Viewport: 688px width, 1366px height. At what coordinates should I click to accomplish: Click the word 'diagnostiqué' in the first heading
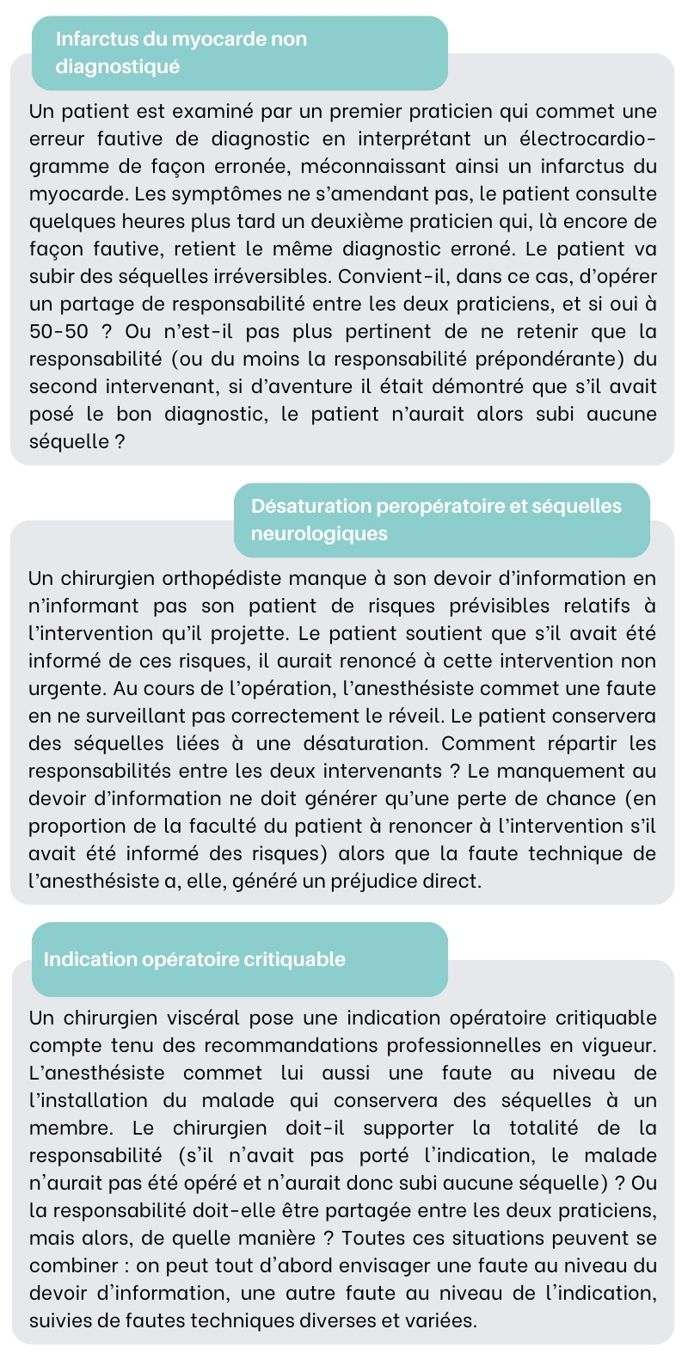[117, 66]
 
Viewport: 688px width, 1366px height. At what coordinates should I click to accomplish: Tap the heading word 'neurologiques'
[319, 533]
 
